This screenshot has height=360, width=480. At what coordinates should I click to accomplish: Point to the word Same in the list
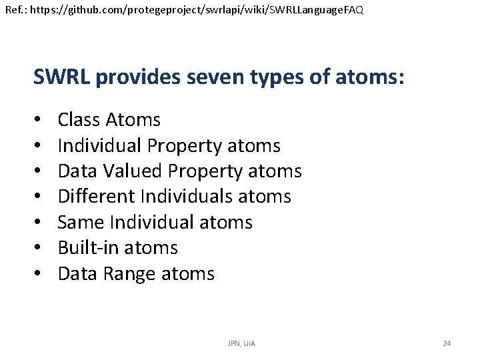(80, 222)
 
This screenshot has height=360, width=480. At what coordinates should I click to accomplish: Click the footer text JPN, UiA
(241, 343)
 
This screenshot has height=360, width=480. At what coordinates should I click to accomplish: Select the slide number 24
(447, 343)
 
